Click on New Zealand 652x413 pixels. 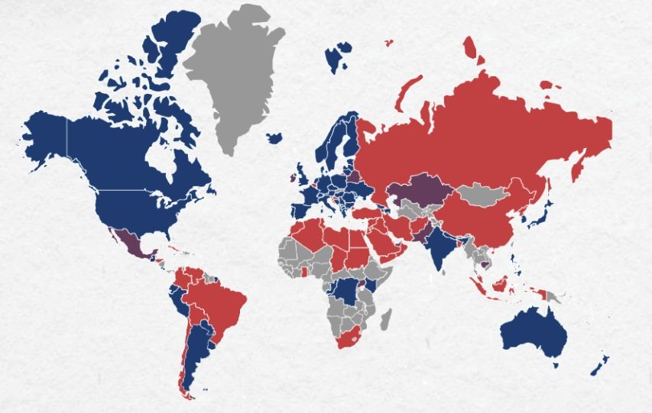point(600,363)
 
